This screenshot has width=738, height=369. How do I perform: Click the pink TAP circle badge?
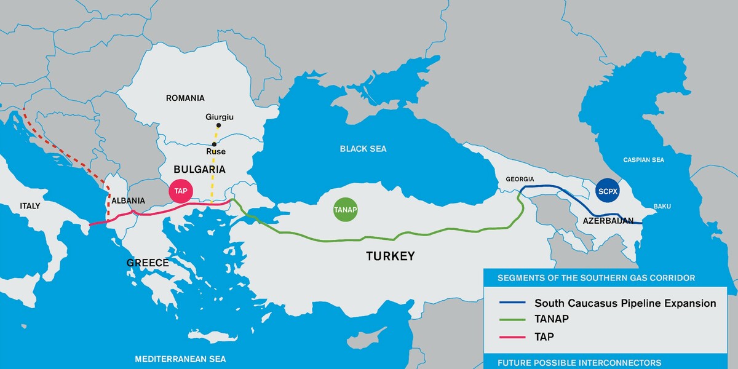(x=181, y=191)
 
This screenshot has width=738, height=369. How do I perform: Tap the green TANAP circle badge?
(x=345, y=210)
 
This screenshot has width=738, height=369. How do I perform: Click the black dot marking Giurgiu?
(x=218, y=125)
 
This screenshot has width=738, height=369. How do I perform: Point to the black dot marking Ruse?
(x=213, y=144)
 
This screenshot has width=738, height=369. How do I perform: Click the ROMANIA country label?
(x=185, y=98)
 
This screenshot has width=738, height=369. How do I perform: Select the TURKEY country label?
(x=391, y=256)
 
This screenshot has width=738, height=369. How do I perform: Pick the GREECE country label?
(x=148, y=263)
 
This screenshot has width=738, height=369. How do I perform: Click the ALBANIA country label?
(x=128, y=200)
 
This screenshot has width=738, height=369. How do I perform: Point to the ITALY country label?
(x=30, y=206)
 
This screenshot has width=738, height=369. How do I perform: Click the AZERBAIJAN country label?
(x=608, y=220)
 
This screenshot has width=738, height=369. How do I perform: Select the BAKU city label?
(x=662, y=206)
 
